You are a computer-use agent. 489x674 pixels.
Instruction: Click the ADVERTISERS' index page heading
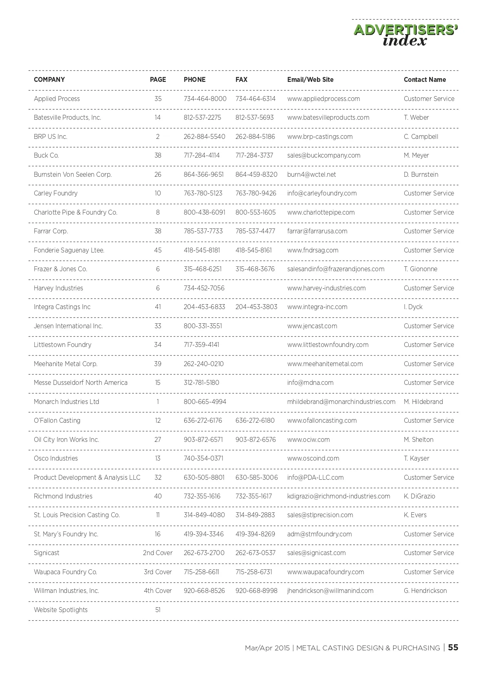pos(405,35)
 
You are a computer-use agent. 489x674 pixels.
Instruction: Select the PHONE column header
pos(194,80)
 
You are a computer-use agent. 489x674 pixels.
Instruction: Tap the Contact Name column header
pos(425,80)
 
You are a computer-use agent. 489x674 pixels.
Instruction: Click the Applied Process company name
pos(57,99)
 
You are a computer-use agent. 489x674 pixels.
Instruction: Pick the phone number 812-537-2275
pos(202,118)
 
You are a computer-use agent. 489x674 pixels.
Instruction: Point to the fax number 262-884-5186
pos(255,137)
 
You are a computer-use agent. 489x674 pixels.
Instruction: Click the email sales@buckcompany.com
pos(324,156)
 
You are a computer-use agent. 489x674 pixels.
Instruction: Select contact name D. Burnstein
pos(421,175)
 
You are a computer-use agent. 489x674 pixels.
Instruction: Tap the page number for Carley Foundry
pos(158,193)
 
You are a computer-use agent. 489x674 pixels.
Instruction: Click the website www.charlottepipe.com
pos(321,213)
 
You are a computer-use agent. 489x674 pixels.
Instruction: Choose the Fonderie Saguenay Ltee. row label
pos(69,250)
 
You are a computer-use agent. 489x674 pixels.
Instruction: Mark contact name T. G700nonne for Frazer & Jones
pos(420,269)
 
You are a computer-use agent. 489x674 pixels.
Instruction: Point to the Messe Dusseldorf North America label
pos(81,383)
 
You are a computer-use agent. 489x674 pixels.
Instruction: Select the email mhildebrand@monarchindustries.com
pos(341,402)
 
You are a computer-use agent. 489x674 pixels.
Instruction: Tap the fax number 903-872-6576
pos(256,440)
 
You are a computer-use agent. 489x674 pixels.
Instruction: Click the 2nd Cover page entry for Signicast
pos(158,553)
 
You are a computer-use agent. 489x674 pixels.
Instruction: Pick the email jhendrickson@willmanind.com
pos(330,591)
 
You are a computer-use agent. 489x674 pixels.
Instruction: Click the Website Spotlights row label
pos(61,610)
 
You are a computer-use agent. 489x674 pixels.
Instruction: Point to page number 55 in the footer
pos(453,648)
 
